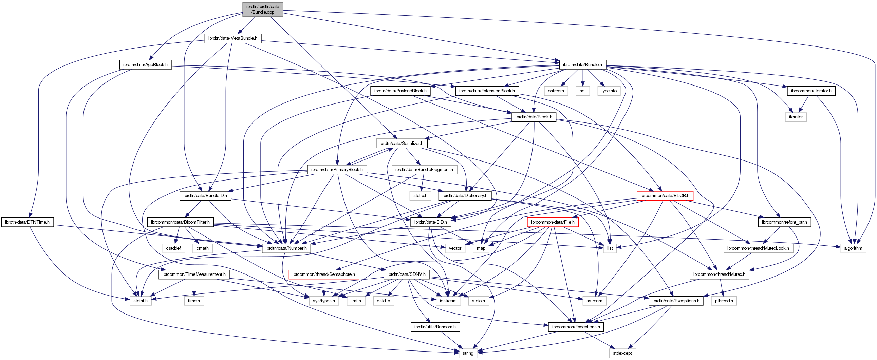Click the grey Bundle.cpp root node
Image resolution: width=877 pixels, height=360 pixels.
point(262,9)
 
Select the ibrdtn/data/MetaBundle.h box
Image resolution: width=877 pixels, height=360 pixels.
point(232,38)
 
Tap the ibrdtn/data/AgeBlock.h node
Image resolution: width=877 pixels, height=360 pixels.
point(145,65)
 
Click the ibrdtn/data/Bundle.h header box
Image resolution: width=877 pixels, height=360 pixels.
point(582,65)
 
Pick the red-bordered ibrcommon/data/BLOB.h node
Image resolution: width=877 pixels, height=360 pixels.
point(665,196)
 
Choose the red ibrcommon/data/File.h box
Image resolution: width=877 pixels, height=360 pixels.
point(553,222)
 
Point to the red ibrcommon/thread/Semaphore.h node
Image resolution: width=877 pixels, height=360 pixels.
point(323,274)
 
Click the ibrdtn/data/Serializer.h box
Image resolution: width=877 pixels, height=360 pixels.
point(402,143)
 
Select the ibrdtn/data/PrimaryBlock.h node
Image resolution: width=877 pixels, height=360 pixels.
point(337,169)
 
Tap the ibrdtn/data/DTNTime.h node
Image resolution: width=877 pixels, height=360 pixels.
point(27,222)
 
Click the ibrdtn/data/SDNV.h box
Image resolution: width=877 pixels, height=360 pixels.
point(406,274)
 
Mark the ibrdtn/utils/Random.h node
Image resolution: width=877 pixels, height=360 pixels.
point(435,327)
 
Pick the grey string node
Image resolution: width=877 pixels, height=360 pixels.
point(468,353)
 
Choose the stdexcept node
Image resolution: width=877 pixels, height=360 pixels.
point(622,353)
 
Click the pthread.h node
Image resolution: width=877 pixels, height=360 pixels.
point(724,301)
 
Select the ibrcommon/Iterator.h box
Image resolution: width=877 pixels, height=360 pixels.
point(811,91)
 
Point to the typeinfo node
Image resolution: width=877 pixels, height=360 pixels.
point(609,91)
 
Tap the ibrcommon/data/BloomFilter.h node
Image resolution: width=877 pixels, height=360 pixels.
point(180,222)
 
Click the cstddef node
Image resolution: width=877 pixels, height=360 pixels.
point(173,248)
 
